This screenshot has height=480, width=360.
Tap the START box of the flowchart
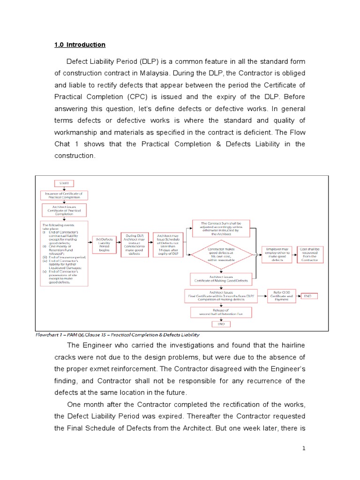tap(64, 183)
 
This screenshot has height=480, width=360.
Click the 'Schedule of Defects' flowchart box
tap(167, 244)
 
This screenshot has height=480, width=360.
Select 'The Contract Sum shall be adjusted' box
tap(220, 227)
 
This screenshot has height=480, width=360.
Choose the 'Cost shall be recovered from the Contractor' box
tap(310, 254)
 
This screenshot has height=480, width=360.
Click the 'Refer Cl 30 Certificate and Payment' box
tap(280, 296)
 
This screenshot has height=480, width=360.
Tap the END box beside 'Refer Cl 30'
tap(308, 296)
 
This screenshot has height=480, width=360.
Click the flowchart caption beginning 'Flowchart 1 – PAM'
tap(118, 335)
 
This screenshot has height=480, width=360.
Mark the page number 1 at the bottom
tap(304, 449)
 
